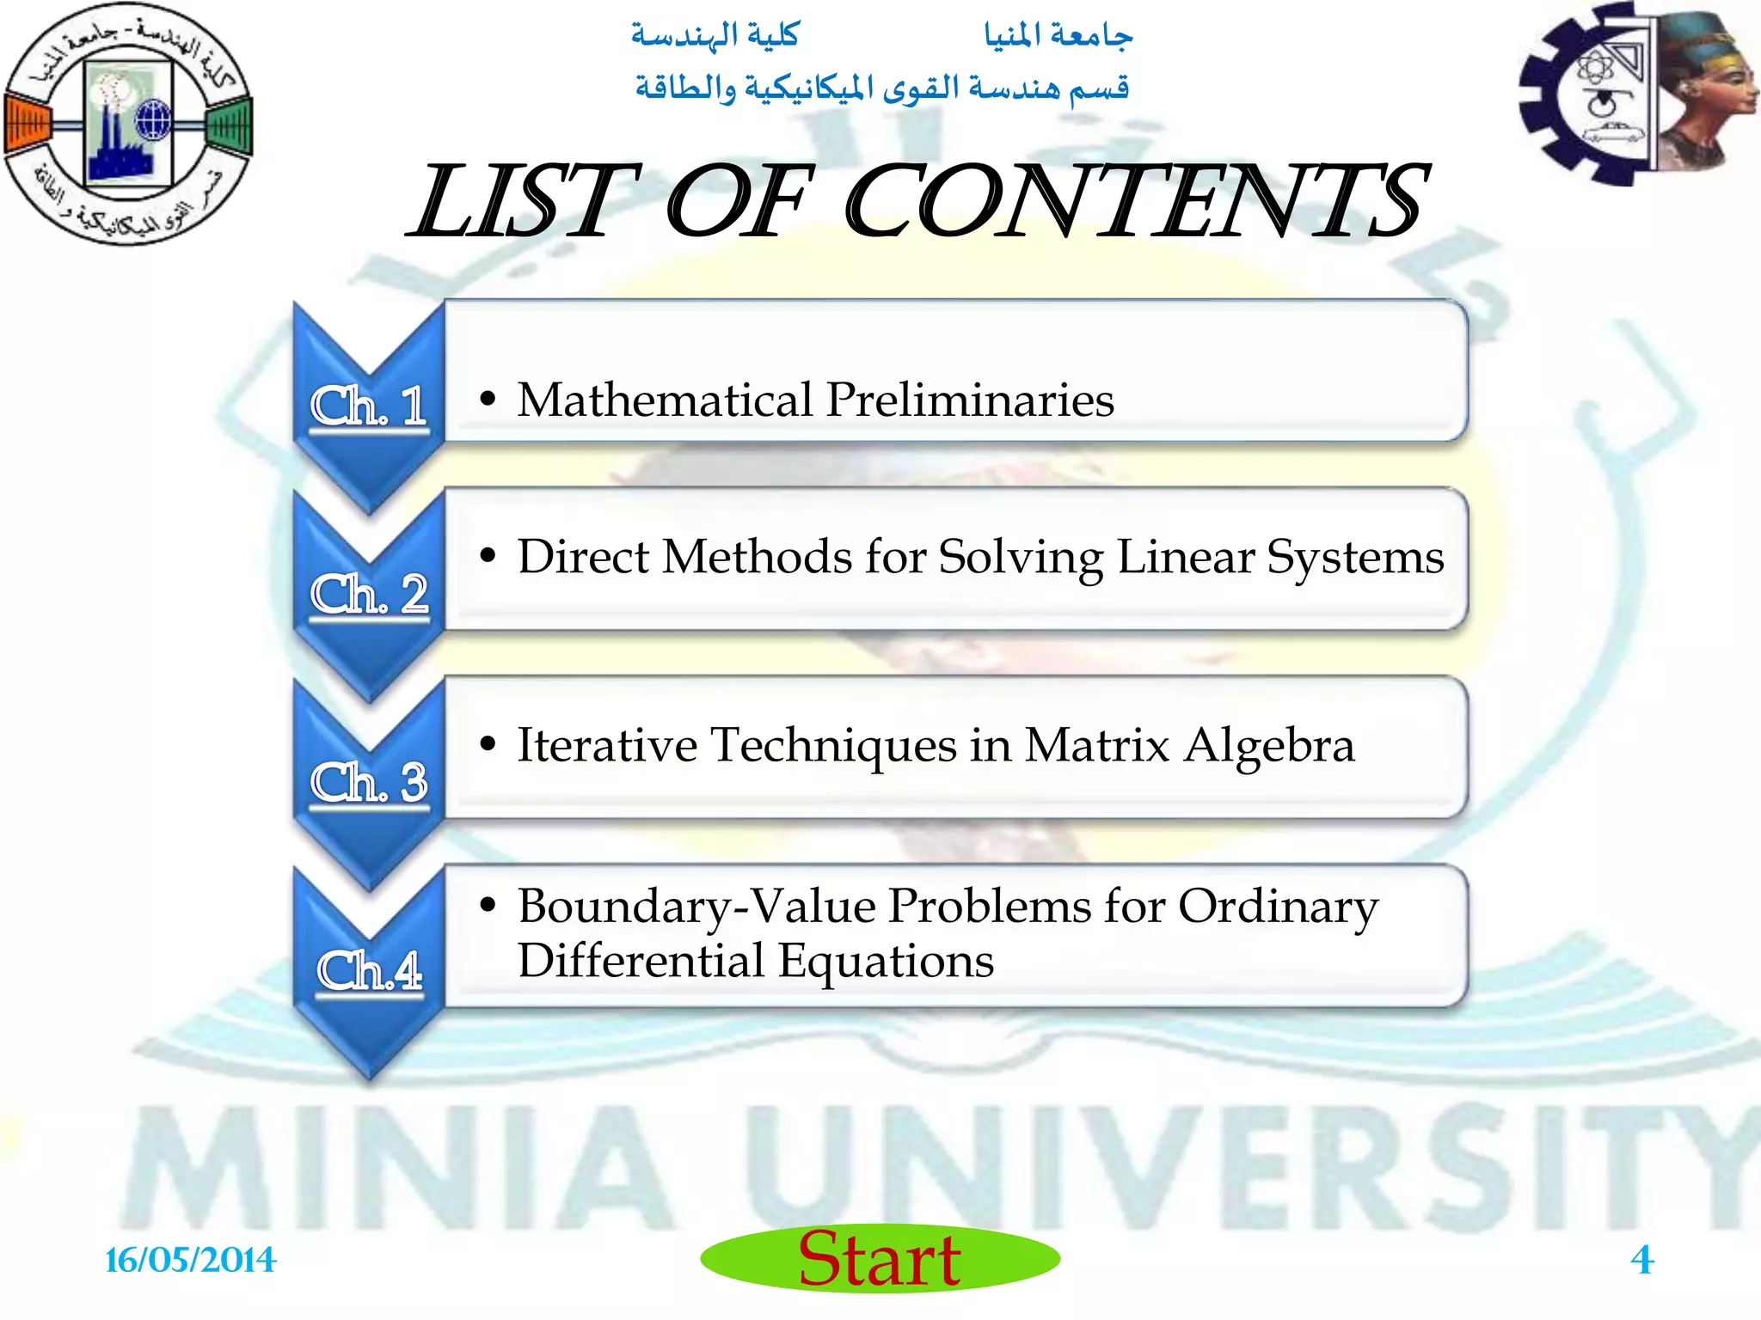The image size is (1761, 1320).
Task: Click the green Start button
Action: click(x=880, y=1258)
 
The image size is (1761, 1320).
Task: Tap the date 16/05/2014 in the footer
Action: click(x=190, y=1260)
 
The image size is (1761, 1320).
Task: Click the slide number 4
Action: click(x=1641, y=1260)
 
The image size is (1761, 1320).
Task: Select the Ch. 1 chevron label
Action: click(x=369, y=406)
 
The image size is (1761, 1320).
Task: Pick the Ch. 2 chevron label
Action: click(x=369, y=594)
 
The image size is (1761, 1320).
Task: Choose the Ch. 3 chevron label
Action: click(x=369, y=782)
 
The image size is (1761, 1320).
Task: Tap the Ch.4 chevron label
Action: click(x=369, y=970)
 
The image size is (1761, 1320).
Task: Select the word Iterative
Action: click(x=606, y=745)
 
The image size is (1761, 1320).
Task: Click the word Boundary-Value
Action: click(x=696, y=907)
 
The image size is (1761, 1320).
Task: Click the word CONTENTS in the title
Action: click(x=1135, y=202)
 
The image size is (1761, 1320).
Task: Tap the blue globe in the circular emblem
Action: click(x=154, y=119)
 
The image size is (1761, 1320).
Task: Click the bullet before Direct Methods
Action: click(x=488, y=556)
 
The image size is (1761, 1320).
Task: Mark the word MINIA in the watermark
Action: click(x=396, y=1169)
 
